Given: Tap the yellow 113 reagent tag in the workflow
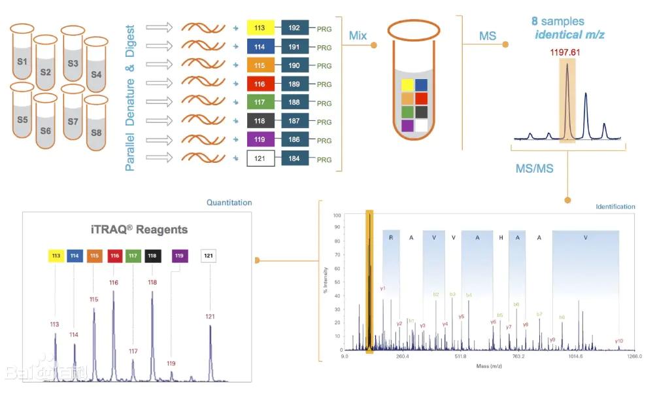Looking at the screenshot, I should [260, 28].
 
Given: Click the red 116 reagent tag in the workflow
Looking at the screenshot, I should [260, 84].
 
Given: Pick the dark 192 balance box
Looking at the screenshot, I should [295, 28].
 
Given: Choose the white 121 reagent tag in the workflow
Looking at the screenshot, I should [260, 159].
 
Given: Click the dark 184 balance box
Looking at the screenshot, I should [295, 159].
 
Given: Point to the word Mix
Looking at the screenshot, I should [358, 35].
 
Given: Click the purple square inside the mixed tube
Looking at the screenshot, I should [407, 126].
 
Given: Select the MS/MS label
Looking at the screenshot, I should [534, 169].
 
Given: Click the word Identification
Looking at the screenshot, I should [615, 207].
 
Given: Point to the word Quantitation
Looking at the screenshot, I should [229, 203].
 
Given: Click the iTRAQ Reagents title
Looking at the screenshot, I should [139, 230].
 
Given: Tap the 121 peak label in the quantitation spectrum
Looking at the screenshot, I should [210, 316].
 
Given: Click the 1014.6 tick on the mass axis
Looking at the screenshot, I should [576, 357].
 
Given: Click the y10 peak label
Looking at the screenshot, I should [619, 341].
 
